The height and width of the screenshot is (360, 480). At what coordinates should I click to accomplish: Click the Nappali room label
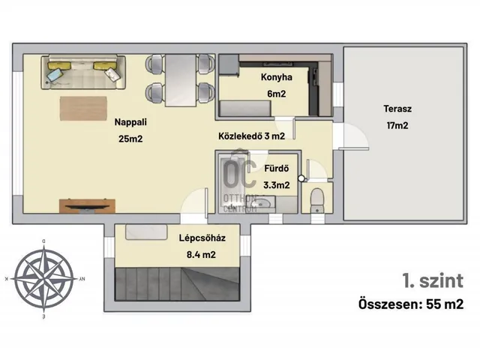(x=130, y=122)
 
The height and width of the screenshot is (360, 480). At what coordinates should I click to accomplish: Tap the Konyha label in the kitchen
(x=277, y=77)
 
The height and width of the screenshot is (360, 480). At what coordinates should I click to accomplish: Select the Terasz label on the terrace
(x=397, y=109)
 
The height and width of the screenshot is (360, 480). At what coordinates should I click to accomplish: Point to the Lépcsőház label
(x=202, y=238)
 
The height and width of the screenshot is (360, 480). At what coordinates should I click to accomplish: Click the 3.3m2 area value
(x=277, y=185)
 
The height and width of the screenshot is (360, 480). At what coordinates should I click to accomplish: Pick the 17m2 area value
(x=397, y=125)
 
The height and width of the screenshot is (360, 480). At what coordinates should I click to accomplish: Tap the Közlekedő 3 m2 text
(x=252, y=136)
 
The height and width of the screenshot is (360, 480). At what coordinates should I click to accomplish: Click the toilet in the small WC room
(x=316, y=200)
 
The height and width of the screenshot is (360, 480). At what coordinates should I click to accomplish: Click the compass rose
(x=44, y=279)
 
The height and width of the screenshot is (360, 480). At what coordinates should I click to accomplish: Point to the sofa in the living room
(x=83, y=72)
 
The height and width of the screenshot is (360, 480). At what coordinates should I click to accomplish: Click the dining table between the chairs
(x=181, y=80)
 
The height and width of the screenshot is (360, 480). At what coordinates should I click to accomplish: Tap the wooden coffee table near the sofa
(x=83, y=108)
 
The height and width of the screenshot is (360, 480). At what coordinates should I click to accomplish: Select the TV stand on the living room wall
(x=87, y=205)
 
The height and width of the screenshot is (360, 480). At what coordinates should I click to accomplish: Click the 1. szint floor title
(x=433, y=280)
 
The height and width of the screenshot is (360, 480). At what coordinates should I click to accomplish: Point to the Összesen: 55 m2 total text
(x=411, y=304)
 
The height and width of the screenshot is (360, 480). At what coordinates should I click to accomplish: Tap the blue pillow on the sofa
(x=55, y=74)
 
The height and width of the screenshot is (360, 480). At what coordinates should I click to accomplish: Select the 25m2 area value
(x=130, y=139)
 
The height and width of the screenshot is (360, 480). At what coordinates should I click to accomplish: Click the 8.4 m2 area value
(x=201, y=255)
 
